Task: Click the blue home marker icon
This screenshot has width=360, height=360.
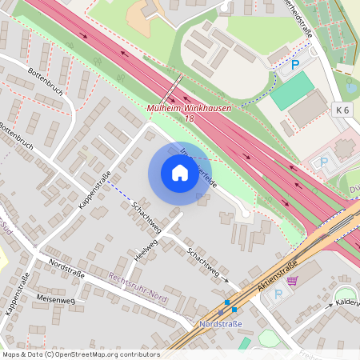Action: coord(180,173)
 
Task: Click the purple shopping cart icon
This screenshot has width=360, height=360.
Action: coord(292,280)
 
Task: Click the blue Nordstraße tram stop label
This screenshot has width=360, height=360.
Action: coord(220,325)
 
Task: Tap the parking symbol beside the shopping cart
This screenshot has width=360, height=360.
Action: coord(278,294)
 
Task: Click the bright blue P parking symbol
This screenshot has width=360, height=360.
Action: coord(295,64)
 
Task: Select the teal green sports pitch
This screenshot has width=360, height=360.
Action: coord(292,91)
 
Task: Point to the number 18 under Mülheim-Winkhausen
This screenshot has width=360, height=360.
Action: coord(189,118)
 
